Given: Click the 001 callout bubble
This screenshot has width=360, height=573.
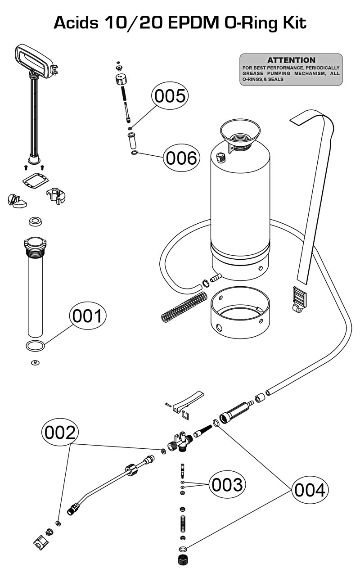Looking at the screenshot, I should click(x=87, y=316).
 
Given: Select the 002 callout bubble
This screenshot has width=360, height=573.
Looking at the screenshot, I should click(x=60, y=433).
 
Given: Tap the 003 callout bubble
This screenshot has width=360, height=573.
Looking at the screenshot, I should click(x=227, y=485).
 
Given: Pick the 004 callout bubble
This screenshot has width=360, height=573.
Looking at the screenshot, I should click(x=310, y=490).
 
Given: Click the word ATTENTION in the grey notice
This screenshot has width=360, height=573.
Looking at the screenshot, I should click(x=291, y=60).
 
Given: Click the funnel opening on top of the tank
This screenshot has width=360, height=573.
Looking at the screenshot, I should click(x=240, y=131).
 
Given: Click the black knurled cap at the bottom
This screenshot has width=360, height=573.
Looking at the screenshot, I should click(x=183, y=560).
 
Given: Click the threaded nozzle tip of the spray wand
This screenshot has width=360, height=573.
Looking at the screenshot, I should click(x=73, y=510).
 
